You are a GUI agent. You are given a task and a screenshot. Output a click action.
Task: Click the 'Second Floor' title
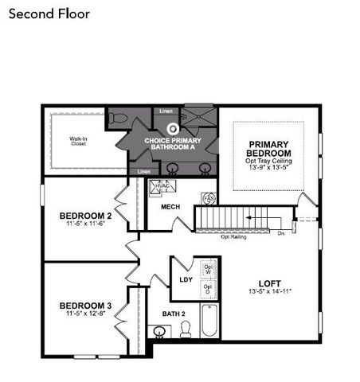click(50, 14)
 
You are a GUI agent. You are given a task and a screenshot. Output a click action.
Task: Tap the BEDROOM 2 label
click(84, 216)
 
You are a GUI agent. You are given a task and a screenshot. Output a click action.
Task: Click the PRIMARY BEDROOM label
click(268, 149)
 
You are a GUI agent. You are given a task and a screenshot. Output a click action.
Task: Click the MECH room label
click(170, 207)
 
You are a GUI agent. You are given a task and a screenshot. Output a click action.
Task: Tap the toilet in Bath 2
click(186, 330)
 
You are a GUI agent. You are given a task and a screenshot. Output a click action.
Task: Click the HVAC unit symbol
click(162, 188)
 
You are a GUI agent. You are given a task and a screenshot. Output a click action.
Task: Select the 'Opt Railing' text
click(233, 236)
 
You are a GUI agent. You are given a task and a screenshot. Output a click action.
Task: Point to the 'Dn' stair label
click(281, 233)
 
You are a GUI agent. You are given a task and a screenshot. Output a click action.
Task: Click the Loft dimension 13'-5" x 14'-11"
click(269, 292)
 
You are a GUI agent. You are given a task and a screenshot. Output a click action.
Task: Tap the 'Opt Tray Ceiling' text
click(268, 161)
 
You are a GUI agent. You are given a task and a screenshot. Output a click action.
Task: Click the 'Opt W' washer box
click(208, 269)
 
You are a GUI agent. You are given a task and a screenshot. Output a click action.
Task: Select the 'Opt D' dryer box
click(208, 288)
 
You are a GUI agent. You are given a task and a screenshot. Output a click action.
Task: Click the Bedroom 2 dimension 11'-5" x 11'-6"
click(84, 224)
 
